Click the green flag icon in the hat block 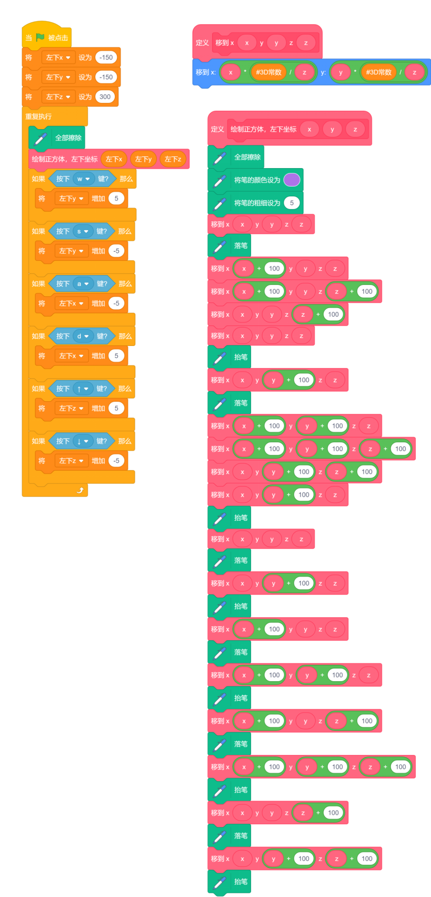click(x=40, y=37)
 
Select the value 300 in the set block click(x=105, y=97)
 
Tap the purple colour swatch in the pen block click(x=292, y=180)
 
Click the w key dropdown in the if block click(x=83, y=179)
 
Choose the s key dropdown click(x=83, y=231)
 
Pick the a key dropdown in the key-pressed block click(x=83, y=283)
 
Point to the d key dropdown click(x=83, y=336)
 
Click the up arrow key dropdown click(x=83, y=389)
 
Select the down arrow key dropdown click(x=83, y=441)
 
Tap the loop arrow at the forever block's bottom click(x=80, y=491)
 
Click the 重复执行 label click(x=39, y=117)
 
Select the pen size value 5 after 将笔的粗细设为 click(x=292, y=203)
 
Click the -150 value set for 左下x click(x=106, y=57)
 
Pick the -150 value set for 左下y click(x=106, y=77)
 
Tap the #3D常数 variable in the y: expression click(x=379, y=72)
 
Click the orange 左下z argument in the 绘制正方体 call click(x=173, y=159)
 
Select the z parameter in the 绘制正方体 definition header click(x=355, y=129)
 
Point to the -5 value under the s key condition click(x=116, y=251)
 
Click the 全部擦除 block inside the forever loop click(x=68, y=138)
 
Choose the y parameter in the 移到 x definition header click(x=276, y=43)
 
